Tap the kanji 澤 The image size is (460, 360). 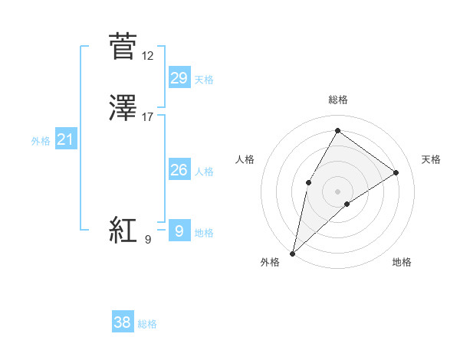(x=123, y=108)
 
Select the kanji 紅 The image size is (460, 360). (x=123, y=230)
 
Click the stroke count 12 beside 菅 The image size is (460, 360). (x=148, y=56)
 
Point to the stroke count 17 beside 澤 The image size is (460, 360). (x=148, y=117)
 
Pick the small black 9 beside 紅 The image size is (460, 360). (x=148, y=240)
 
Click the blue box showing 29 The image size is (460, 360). (x=179, y=77)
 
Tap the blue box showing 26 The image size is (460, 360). (x=179, y=170)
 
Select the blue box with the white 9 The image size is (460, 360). (x=179, y=230)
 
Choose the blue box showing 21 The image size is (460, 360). (x=65, y=139)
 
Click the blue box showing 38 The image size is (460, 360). (x=123, y=322)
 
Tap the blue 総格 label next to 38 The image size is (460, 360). (x=147, y=324)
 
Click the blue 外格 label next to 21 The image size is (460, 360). (x=41, y=141)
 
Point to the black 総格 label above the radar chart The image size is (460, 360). (x=337, y=100)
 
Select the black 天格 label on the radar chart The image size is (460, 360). (x=431, y=159)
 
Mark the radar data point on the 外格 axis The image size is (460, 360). (x=292, y=253)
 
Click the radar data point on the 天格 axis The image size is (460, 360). (x=396, y=172)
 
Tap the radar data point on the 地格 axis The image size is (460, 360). (x=347, y=204)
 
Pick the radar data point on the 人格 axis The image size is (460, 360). (x=308, y=182)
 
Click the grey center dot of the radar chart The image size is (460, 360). (x=337, y=191)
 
